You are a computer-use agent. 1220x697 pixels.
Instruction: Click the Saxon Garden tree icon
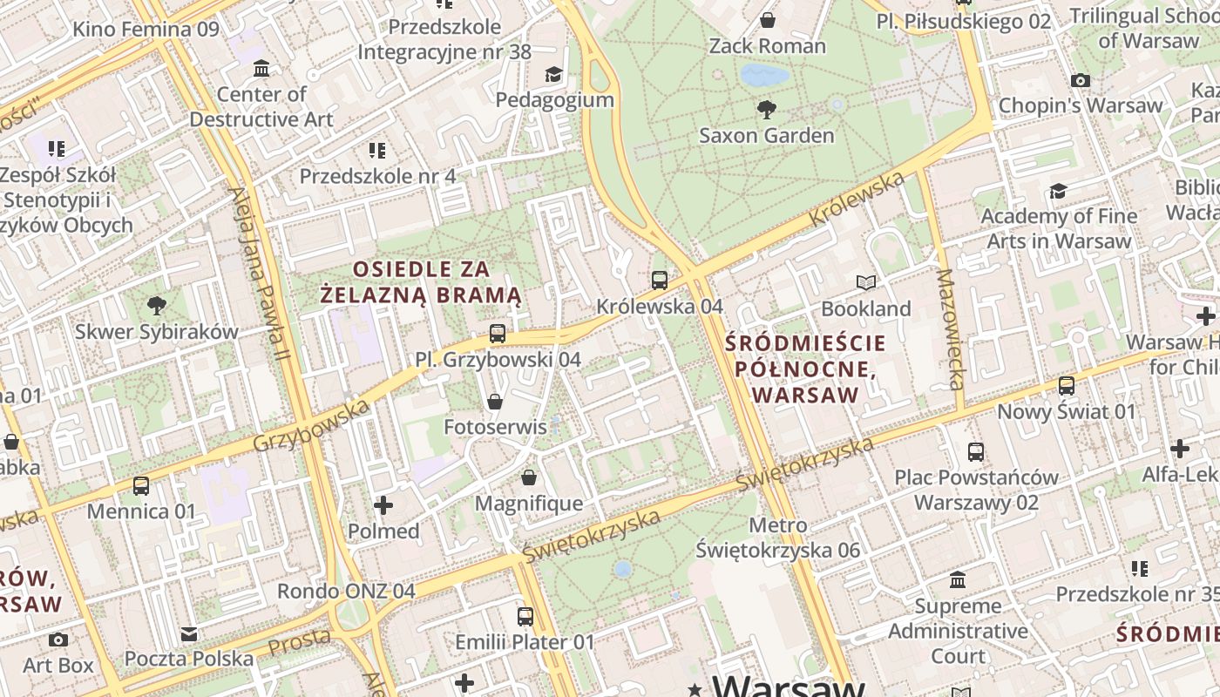click(767, 109)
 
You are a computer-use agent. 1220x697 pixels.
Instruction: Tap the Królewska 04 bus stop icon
click(660, 280)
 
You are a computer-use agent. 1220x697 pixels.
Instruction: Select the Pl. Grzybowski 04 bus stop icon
click(498, 333)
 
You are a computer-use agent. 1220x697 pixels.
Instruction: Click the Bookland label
click(865, 308)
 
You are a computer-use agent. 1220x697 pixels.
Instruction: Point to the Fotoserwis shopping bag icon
click(495, 401)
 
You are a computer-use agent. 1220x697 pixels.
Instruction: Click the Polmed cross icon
click(383, 504)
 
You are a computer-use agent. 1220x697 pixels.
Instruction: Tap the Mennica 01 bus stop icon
click(141, 485)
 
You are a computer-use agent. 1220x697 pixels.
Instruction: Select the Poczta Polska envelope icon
click(189, 633)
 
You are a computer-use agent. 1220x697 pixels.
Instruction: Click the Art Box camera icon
click(58, 639)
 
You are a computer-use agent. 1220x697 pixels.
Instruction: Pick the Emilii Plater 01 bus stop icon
click(525, 616)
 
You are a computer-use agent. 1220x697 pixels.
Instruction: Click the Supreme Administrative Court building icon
click(958, 579)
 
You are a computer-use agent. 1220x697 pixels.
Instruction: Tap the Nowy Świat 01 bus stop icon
click(1067, 385)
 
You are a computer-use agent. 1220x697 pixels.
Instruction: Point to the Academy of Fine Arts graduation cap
click(1058, 190)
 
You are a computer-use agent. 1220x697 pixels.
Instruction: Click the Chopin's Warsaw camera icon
click(1081, 80)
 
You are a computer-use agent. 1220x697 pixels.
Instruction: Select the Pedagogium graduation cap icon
click(554, 74)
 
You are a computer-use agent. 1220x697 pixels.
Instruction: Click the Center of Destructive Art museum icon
click(261, 68)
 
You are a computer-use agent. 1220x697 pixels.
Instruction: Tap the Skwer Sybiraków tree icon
click(157, 305)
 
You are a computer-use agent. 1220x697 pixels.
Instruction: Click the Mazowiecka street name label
click(950, 329)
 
